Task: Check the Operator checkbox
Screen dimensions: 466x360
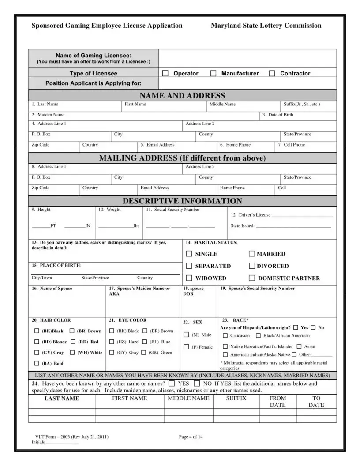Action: click(165, 73)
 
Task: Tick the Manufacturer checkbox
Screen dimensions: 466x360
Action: click(213, 73)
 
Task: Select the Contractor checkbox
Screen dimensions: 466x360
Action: click(272, 73)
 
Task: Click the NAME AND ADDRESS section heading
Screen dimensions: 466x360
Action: click(182, 96)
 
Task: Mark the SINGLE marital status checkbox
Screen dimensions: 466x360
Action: click(189, 254)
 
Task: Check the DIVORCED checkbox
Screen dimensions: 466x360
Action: click(252, 266)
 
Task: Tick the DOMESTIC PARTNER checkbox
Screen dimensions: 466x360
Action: click(252, 278)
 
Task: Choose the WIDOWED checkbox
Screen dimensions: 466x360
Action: click(189, 278)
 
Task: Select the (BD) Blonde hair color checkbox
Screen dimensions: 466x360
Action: click(37, 342)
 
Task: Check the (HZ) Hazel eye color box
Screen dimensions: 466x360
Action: click(112, 342)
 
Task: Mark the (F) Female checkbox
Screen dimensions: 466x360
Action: click(187, 347)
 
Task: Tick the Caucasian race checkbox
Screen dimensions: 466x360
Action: click(225, 336)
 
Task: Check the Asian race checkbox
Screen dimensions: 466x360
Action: click(299, 346)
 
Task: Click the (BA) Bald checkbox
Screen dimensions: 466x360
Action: click(37, 364)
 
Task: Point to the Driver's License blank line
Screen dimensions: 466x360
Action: click(302, 216)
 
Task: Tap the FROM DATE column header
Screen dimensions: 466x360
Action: click(277, 401)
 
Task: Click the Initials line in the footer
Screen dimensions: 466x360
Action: click(62, 443)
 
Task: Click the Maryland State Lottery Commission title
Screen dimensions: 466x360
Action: click(266, 26)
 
